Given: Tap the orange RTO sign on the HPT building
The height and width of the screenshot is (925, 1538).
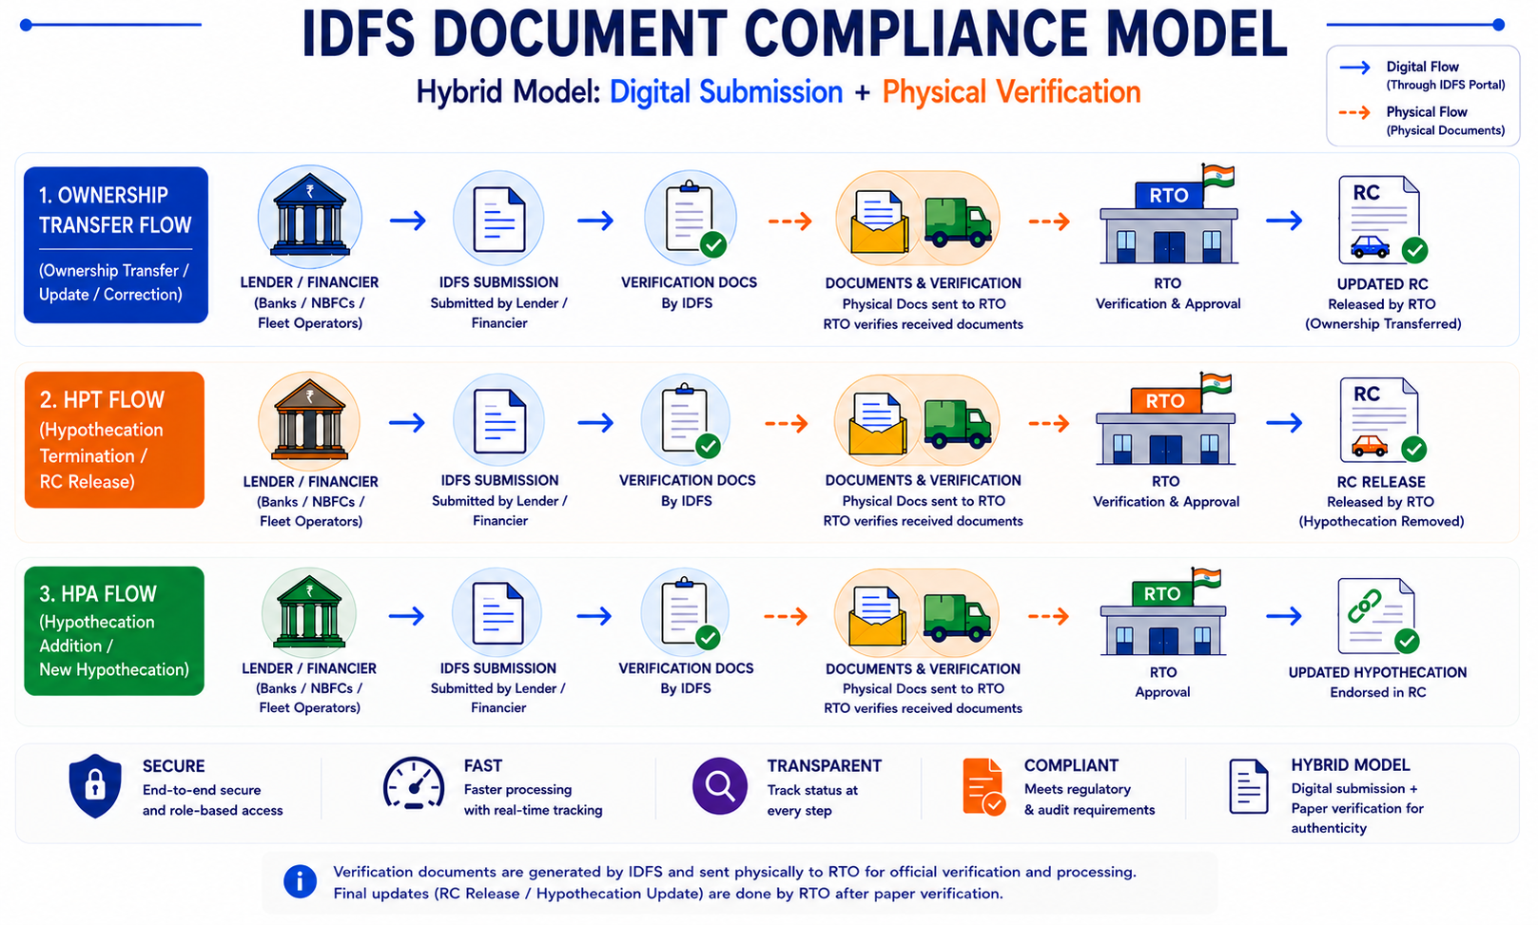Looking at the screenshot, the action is [x=1165, y=401].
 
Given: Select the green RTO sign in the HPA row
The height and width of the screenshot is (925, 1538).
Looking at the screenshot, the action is [x=1161, y=593].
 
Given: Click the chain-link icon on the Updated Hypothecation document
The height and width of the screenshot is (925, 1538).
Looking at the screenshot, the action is [x=1364, y=607].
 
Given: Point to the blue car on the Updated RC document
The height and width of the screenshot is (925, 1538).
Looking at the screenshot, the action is [x=1370, y=246].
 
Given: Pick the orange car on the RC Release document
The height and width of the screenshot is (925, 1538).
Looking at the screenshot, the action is [x=1369, y=447].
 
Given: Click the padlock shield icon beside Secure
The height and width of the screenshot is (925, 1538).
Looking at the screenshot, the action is [x=95, y=786].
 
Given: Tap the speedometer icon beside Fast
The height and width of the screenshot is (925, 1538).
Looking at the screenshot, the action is [x=414, y=783].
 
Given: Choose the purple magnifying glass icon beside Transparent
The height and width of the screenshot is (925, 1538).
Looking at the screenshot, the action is [x=720, y=785].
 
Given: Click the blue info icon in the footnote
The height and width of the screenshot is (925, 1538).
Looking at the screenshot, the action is [x=300, y=881].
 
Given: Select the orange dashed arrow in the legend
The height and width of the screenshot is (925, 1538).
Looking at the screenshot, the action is [x=1354, y=112].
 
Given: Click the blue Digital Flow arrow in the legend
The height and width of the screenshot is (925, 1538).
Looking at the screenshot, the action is [x=1354, y=67].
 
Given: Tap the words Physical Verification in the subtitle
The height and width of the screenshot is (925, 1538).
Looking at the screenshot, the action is [x=1011, y=92].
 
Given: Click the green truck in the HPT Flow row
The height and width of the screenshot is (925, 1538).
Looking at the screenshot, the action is [x=957, y=424].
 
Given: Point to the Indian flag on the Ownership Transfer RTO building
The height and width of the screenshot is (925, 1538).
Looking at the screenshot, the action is [x=1218, y=176].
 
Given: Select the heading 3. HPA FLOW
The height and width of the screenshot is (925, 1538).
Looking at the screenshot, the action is [x=98, y=594].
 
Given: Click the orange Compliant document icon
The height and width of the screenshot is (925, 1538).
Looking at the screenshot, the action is [x=983, y=787].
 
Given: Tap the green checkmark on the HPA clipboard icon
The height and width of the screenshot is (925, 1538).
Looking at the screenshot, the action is [x=708, y=638].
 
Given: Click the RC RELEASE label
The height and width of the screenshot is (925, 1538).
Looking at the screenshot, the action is [x=1381, y=482].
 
